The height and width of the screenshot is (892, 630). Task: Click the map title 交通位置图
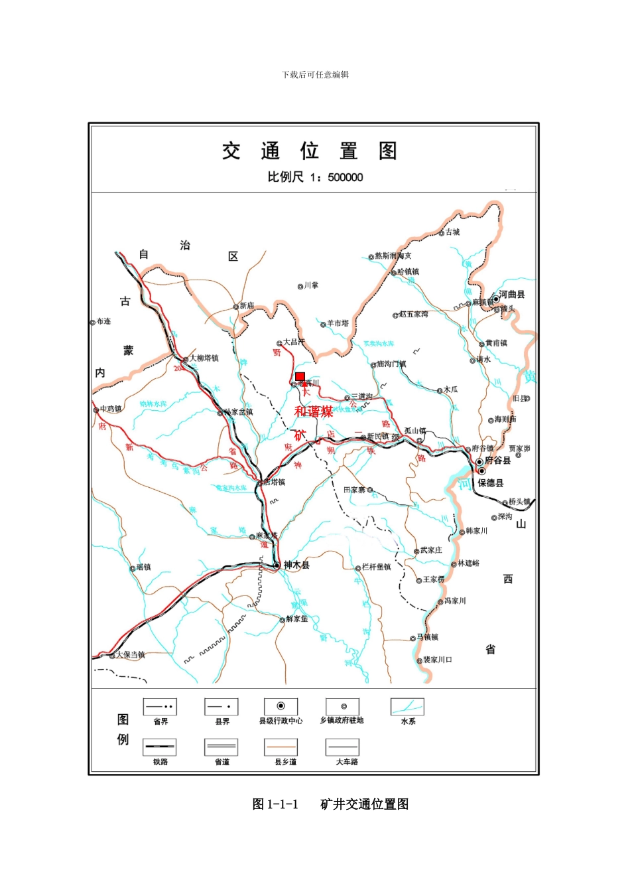point(309,151)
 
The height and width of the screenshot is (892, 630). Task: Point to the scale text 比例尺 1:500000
point(315,177)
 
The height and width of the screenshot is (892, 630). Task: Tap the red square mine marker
point(300,376)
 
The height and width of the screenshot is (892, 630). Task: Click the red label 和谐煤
point(314,411)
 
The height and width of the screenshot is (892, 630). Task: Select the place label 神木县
point(296,565)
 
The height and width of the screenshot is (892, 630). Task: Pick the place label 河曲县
point(512,294)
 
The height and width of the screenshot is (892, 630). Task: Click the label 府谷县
point(497,461)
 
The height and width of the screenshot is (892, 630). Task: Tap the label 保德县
point(491,483)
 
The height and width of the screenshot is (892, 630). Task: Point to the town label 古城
point(452,232)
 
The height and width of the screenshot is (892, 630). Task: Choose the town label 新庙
point(246,306)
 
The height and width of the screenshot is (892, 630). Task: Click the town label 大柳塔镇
point(204,358)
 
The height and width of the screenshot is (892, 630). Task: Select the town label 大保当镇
point(130,654)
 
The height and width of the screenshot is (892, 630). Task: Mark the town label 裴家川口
point(438,660)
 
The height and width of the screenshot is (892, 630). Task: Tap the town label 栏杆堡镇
point(376,567)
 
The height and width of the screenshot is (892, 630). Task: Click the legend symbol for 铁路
point(160,747)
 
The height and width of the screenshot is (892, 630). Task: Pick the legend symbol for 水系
point(407,706)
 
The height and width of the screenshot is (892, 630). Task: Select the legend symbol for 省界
point(160,706)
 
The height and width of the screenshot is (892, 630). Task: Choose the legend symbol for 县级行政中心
point(281,706)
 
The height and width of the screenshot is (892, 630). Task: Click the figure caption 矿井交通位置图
point(364,804)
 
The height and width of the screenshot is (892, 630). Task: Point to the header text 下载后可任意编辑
point(315,75)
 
